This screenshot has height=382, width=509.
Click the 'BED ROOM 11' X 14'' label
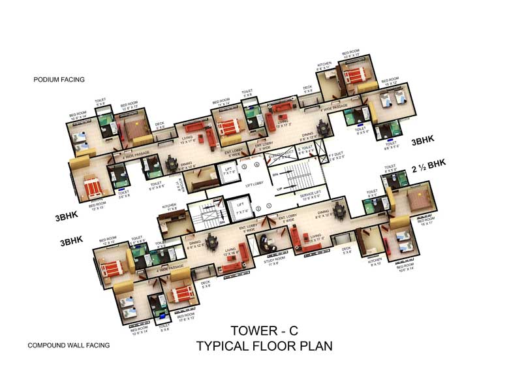[222, 103]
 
